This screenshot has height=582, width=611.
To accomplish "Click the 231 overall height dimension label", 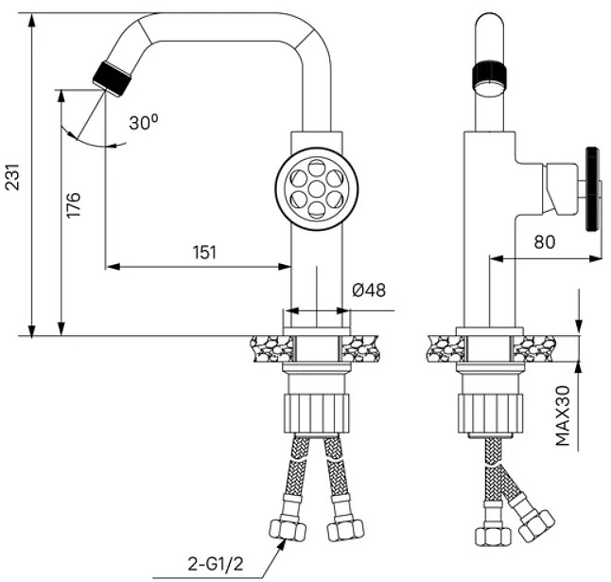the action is click(12, 177).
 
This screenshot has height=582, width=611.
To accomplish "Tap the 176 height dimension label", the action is click(73, 205).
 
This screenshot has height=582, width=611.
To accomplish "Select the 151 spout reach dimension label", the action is click(204, 253).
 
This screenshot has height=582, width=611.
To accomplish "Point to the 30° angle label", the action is click(144, 122).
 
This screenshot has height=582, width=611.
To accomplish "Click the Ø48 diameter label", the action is click(369, 290).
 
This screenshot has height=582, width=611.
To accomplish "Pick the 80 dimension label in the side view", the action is click(545, 241).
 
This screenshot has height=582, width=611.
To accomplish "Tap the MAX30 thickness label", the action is click(563, 415).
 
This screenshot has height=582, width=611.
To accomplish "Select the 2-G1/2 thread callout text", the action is click(216, 564).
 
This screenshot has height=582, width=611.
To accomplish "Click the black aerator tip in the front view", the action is click(112, 79).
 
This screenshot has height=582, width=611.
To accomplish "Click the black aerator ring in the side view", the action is click(489, 74).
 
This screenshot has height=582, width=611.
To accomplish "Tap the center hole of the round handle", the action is click(317, 189).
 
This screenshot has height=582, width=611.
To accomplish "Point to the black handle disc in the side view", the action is click(592, 189).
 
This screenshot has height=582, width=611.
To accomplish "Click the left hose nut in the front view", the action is click(288, 529).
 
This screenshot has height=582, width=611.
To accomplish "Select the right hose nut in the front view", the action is click(345, 529).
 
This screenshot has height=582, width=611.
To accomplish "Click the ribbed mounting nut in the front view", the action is click(317, 413).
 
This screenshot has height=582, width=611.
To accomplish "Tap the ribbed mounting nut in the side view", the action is click(490, 413).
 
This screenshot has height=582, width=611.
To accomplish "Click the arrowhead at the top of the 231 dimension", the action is click(31, 20).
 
